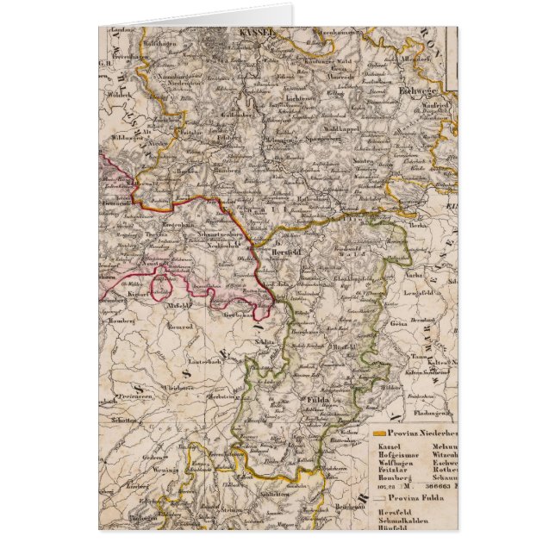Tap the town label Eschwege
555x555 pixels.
[x=418, y=87]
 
